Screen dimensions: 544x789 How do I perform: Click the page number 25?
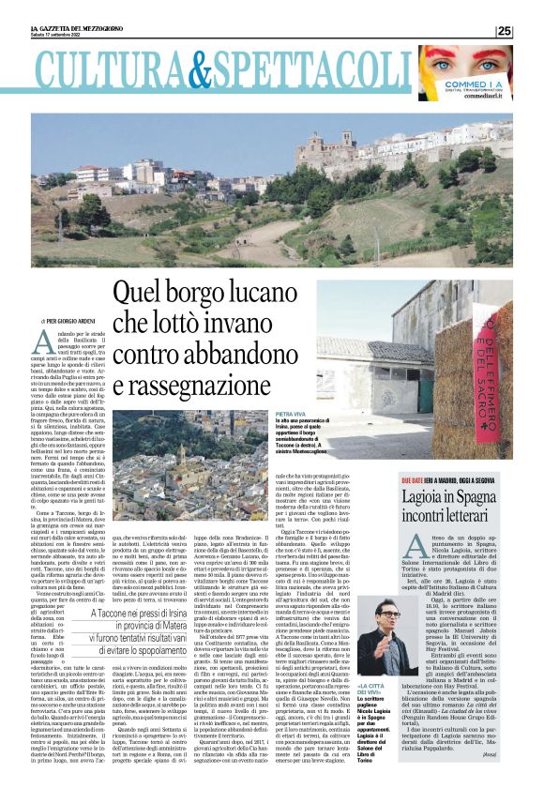pos(504,31)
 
